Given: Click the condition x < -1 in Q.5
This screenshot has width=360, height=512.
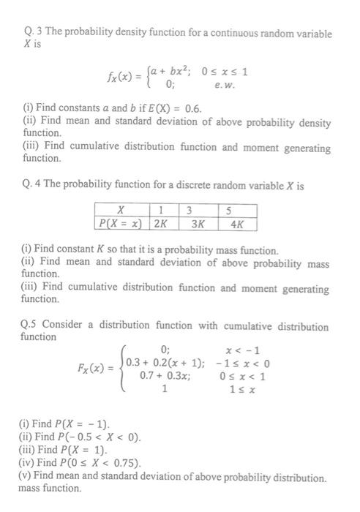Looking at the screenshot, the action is pos(246,350).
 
